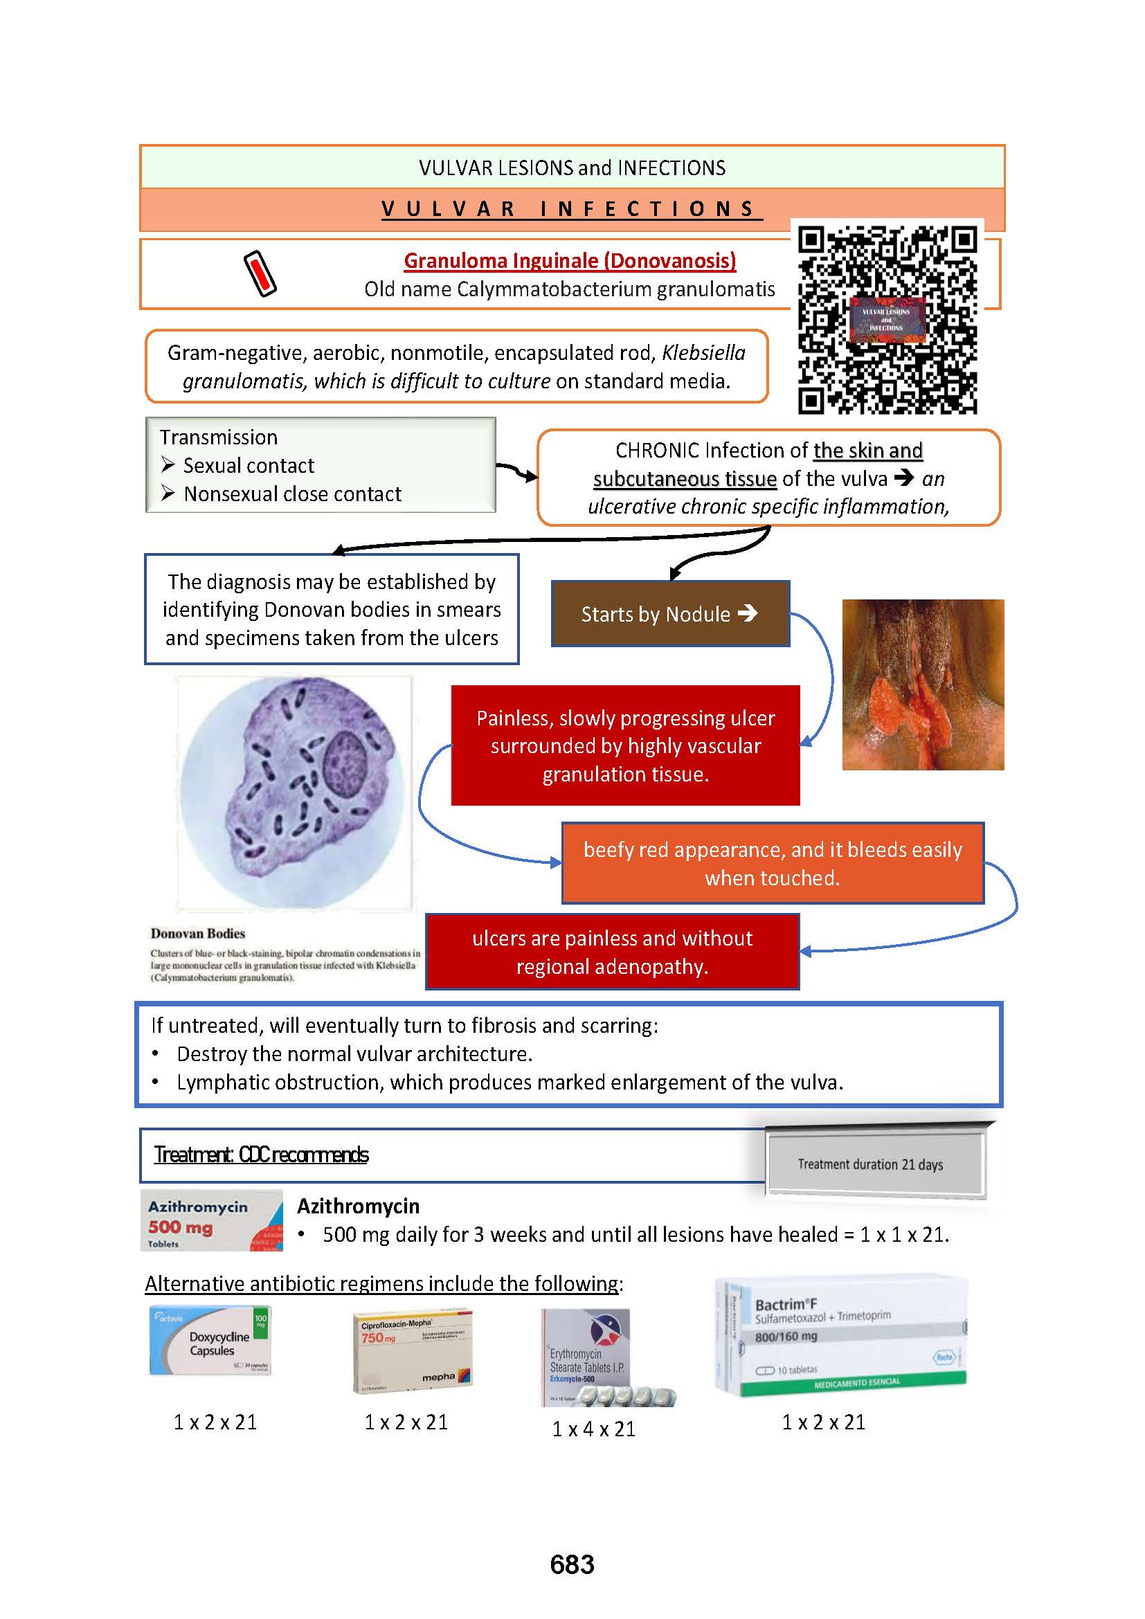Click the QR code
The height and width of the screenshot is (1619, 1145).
pos(887,319)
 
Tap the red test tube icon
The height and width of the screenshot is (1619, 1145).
pos(260,273)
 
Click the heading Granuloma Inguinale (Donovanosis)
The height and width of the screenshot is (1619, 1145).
pos(570,261)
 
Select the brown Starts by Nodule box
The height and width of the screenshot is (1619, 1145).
pos(670,613)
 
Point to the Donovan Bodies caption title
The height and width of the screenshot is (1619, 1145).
pos(197,934)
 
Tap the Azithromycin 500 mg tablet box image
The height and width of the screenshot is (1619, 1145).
pos(212,1220)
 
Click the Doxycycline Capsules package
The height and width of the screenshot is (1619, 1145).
pos(210,1341)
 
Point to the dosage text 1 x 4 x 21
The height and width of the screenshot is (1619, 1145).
pos(594,1429)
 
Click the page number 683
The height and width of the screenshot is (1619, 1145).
pos(572,1565)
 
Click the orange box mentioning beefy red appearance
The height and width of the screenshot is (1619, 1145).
pos(772,863)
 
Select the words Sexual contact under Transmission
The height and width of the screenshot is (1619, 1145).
pos(249,465)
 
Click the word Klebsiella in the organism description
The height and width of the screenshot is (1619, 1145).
pos(703,352)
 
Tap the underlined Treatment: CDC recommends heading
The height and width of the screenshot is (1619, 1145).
pos(262,1155)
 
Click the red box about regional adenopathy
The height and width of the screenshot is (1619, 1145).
pos(612,952)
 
